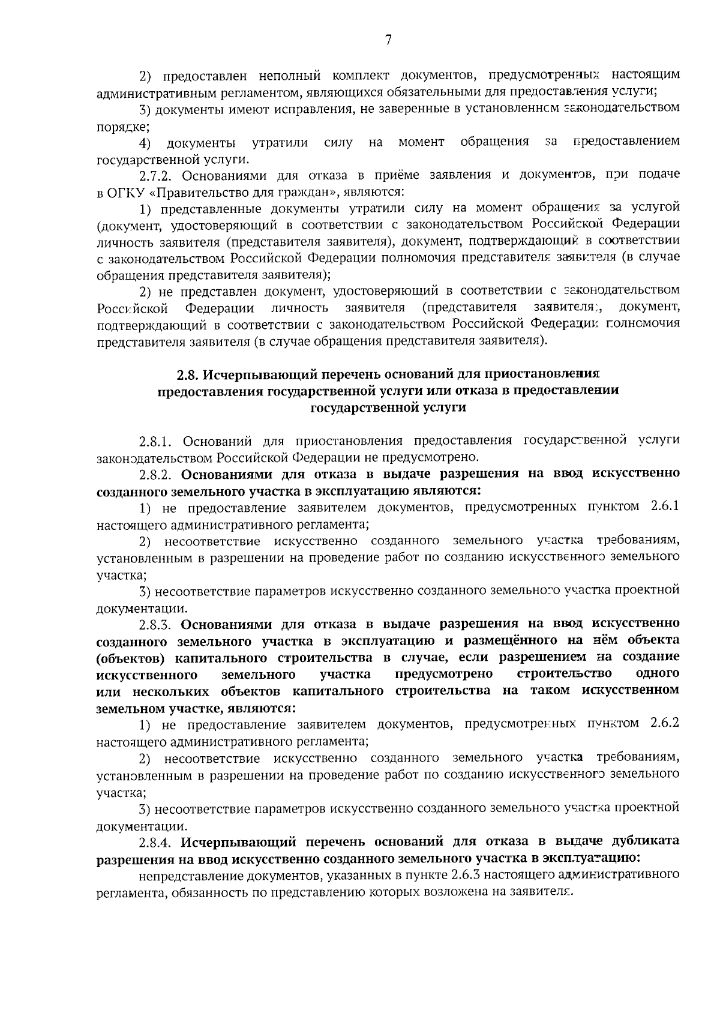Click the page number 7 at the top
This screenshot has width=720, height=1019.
388,40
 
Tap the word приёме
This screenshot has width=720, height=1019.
396,175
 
